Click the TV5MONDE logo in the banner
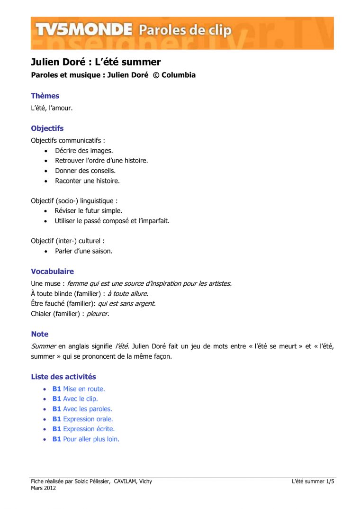coord(83,30)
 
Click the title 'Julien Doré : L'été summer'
coord(96,62)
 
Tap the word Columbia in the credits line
coord(179,75)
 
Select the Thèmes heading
coord(45,96)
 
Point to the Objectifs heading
coord(47,128)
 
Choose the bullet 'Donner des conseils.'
coord(85,171)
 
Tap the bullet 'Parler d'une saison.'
coord(83,251)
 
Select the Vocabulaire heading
coord(52,272)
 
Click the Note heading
coord(40,334)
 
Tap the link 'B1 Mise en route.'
coord(79,389)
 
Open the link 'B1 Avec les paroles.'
coord(82,409)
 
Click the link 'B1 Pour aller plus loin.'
coord(86,439)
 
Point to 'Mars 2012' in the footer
coord(44,488)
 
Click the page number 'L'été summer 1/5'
coord(313,482)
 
